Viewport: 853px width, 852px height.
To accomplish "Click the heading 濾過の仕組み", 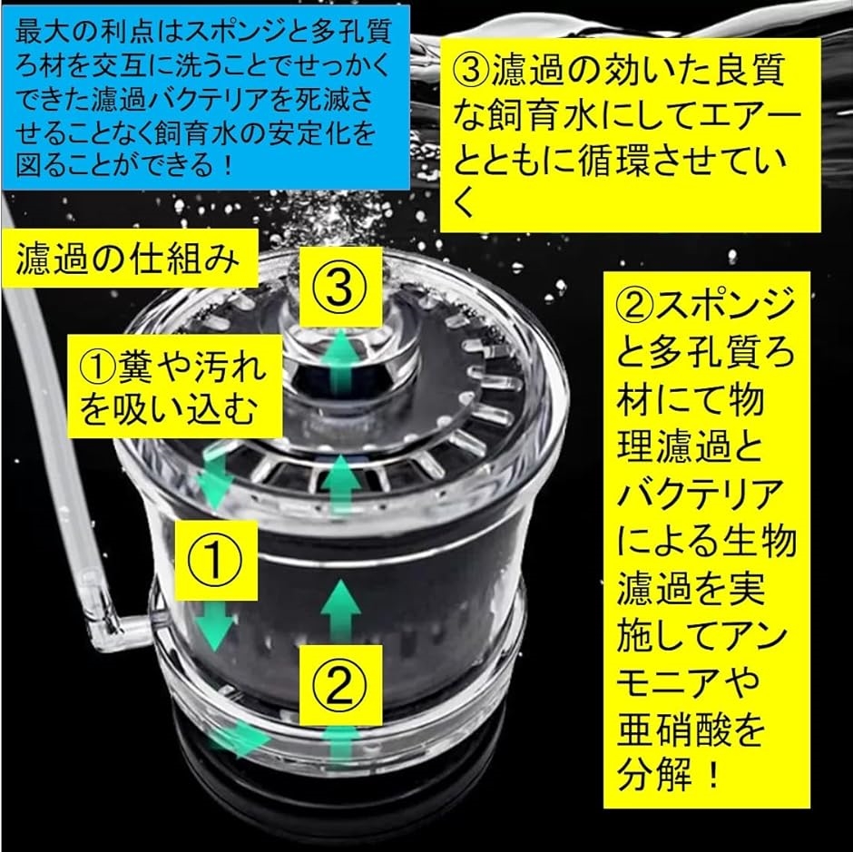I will click(x=128, y=260).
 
